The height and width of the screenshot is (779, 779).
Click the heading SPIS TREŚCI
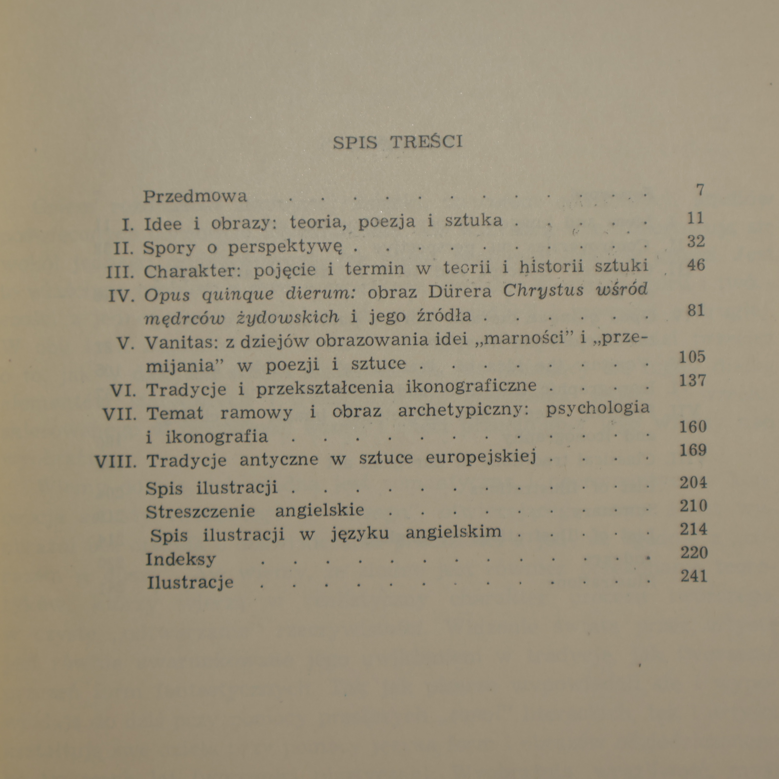pyautogui.click(x=397, y=142)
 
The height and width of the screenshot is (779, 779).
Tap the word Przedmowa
pyautogui.click(x=195, y=196)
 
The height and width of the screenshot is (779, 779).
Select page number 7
pyautogui.click(x=700, y=190)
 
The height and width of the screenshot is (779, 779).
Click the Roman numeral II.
pyautogui.click(x=123, y=249)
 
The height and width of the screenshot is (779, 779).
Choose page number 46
pyautogui.click(x=695, y=265)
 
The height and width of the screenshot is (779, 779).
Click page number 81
pyautogui.click(x=695, y=310)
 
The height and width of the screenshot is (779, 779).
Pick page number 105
pyautogui.click(x=692, y=357)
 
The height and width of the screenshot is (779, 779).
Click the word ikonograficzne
pyautogui.click(x=471, y=387)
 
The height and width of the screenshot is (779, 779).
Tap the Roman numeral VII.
pyautogui.click(x=120, y=414)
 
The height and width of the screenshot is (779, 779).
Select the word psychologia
pyautogui.click(x=597, y=409)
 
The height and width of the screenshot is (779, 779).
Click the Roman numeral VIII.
pyautogui.click(x=115, y=461)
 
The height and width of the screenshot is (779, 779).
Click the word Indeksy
pyautogui.click(x=180, y=559)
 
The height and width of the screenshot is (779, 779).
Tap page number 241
pyautogui.click(x=693, y=576)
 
